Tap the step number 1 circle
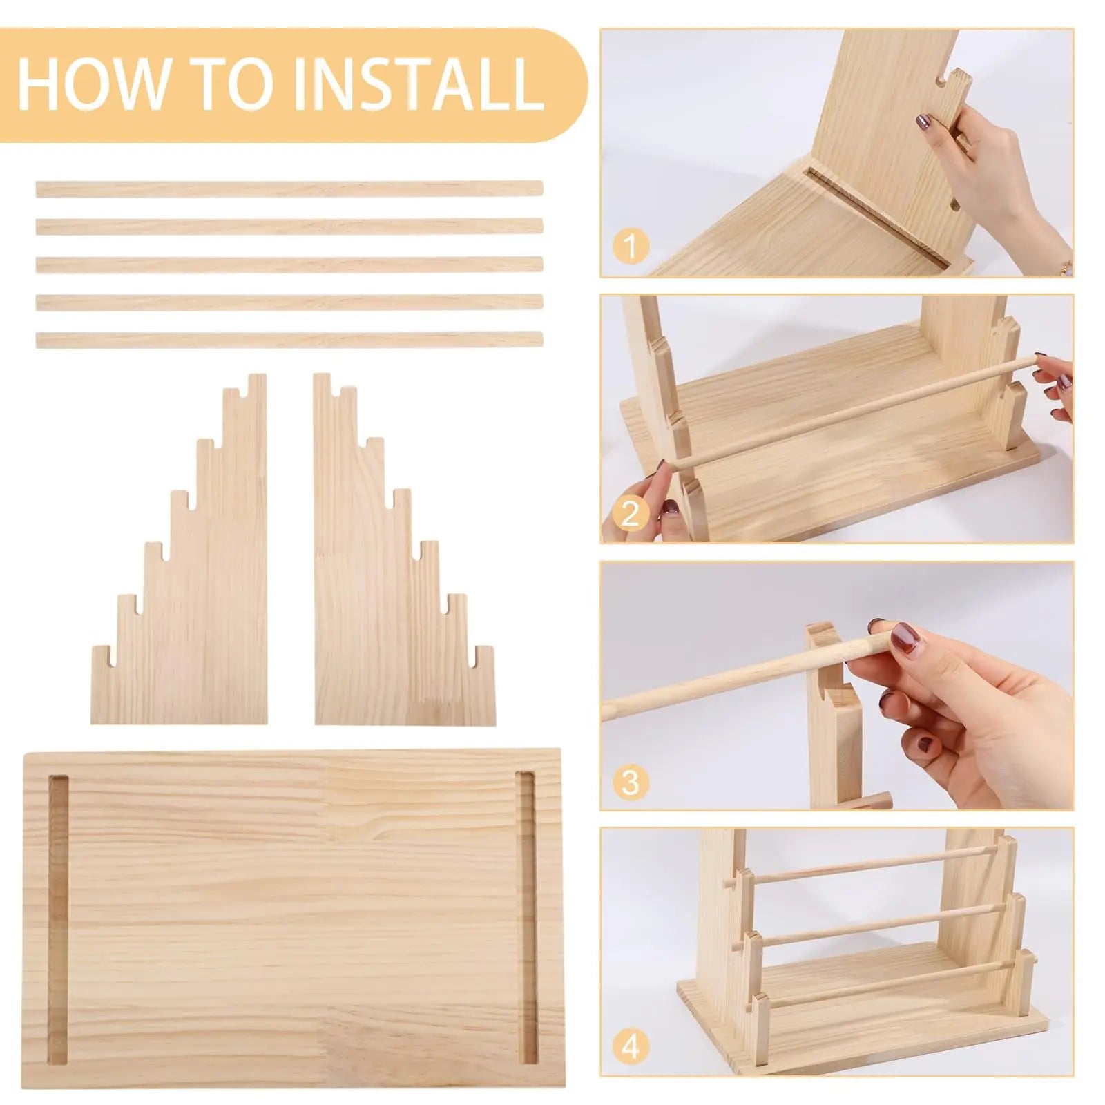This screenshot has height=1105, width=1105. [630, 245]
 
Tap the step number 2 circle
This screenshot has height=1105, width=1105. [630, 514]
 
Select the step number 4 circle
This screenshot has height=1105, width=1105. [630, 1046]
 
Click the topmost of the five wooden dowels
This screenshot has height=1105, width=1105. [289, 189]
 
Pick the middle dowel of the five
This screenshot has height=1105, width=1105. [289, 264]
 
